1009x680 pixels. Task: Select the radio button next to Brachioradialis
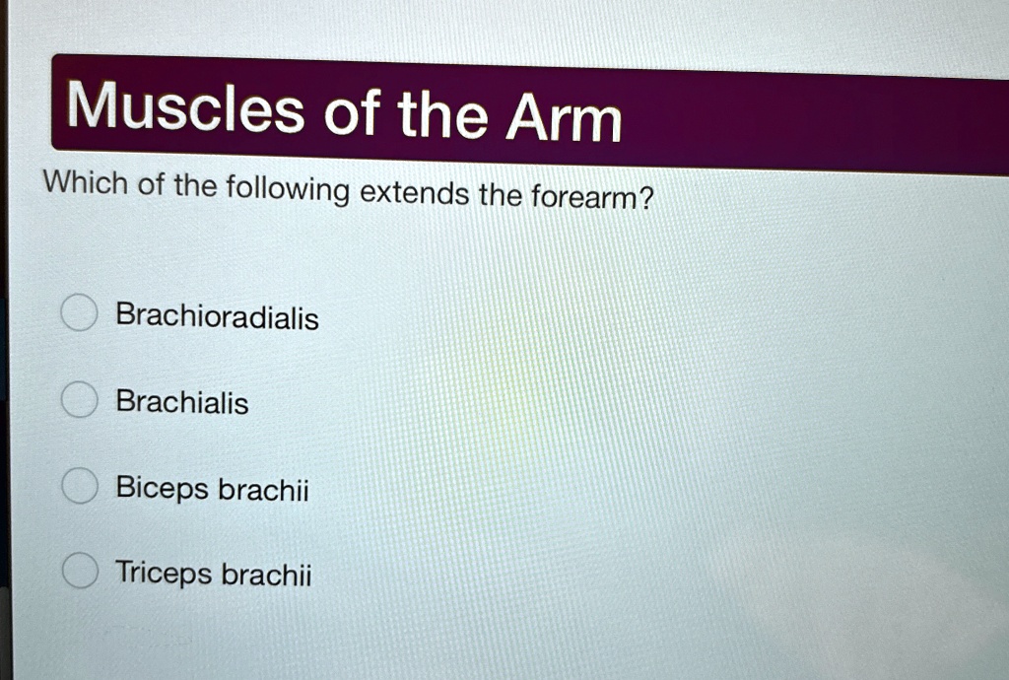[79, 314]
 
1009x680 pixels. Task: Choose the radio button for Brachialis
[79, 400]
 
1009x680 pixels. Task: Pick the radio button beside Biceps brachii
[79, 486]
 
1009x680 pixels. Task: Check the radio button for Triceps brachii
[79, 571]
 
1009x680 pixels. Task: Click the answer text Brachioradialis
[217, 316]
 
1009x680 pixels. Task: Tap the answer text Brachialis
[182, 402]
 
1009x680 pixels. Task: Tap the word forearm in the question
[586, 197]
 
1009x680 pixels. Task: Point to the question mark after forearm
[647, 198]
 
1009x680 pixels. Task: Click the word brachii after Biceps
[263, 489]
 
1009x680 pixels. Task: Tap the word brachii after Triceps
[266, 575]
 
